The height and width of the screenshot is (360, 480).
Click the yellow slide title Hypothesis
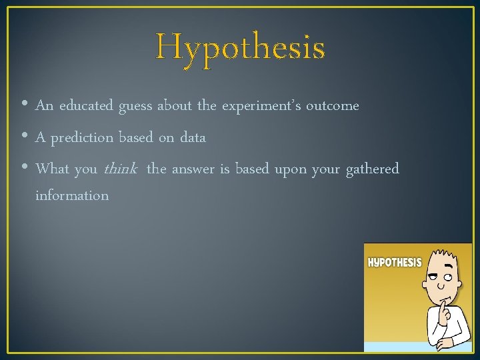[x=240, y=48]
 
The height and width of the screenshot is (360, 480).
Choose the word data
[x=193, y=137]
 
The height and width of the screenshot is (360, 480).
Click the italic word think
[x=120, y=169]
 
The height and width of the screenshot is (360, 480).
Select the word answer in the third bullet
[x=193, y=169]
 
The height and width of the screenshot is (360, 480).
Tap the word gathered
[x=372, y=169]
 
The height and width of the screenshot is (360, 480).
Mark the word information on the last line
[x=72, y=195]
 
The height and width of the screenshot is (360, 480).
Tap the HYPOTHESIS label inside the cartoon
[x=395, y=262]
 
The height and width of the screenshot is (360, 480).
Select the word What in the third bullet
[x=52, y=169]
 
